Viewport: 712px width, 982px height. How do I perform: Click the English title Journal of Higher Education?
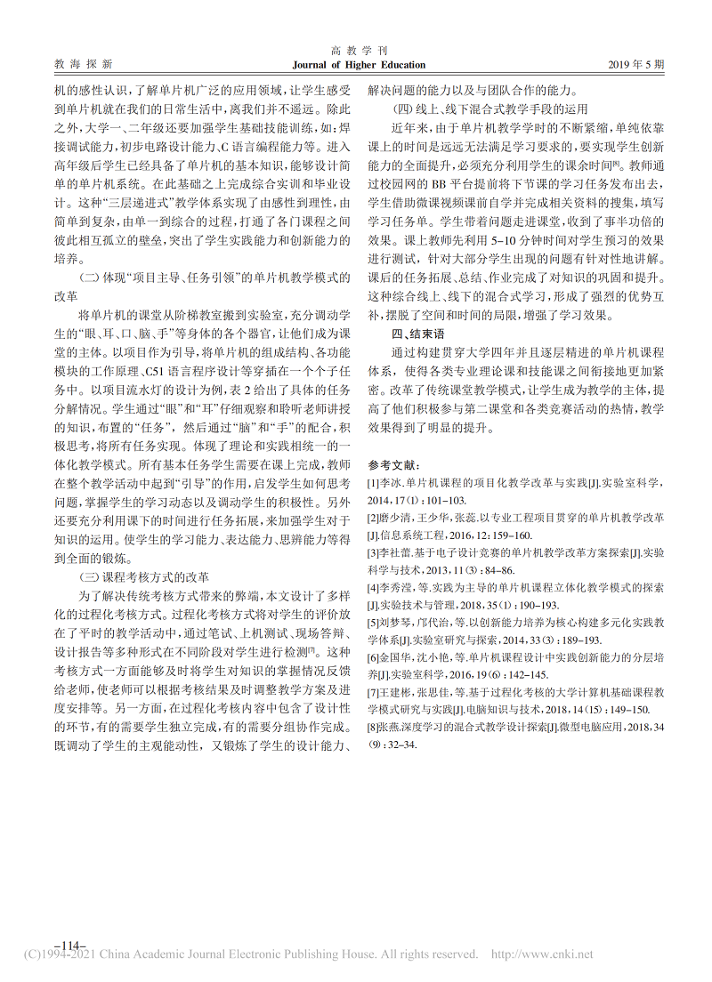point(359,65)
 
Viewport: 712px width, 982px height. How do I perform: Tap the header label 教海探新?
point(84,65)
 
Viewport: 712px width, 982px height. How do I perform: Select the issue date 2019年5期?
point(636,65)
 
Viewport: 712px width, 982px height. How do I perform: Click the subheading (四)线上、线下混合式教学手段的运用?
point(490,109)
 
